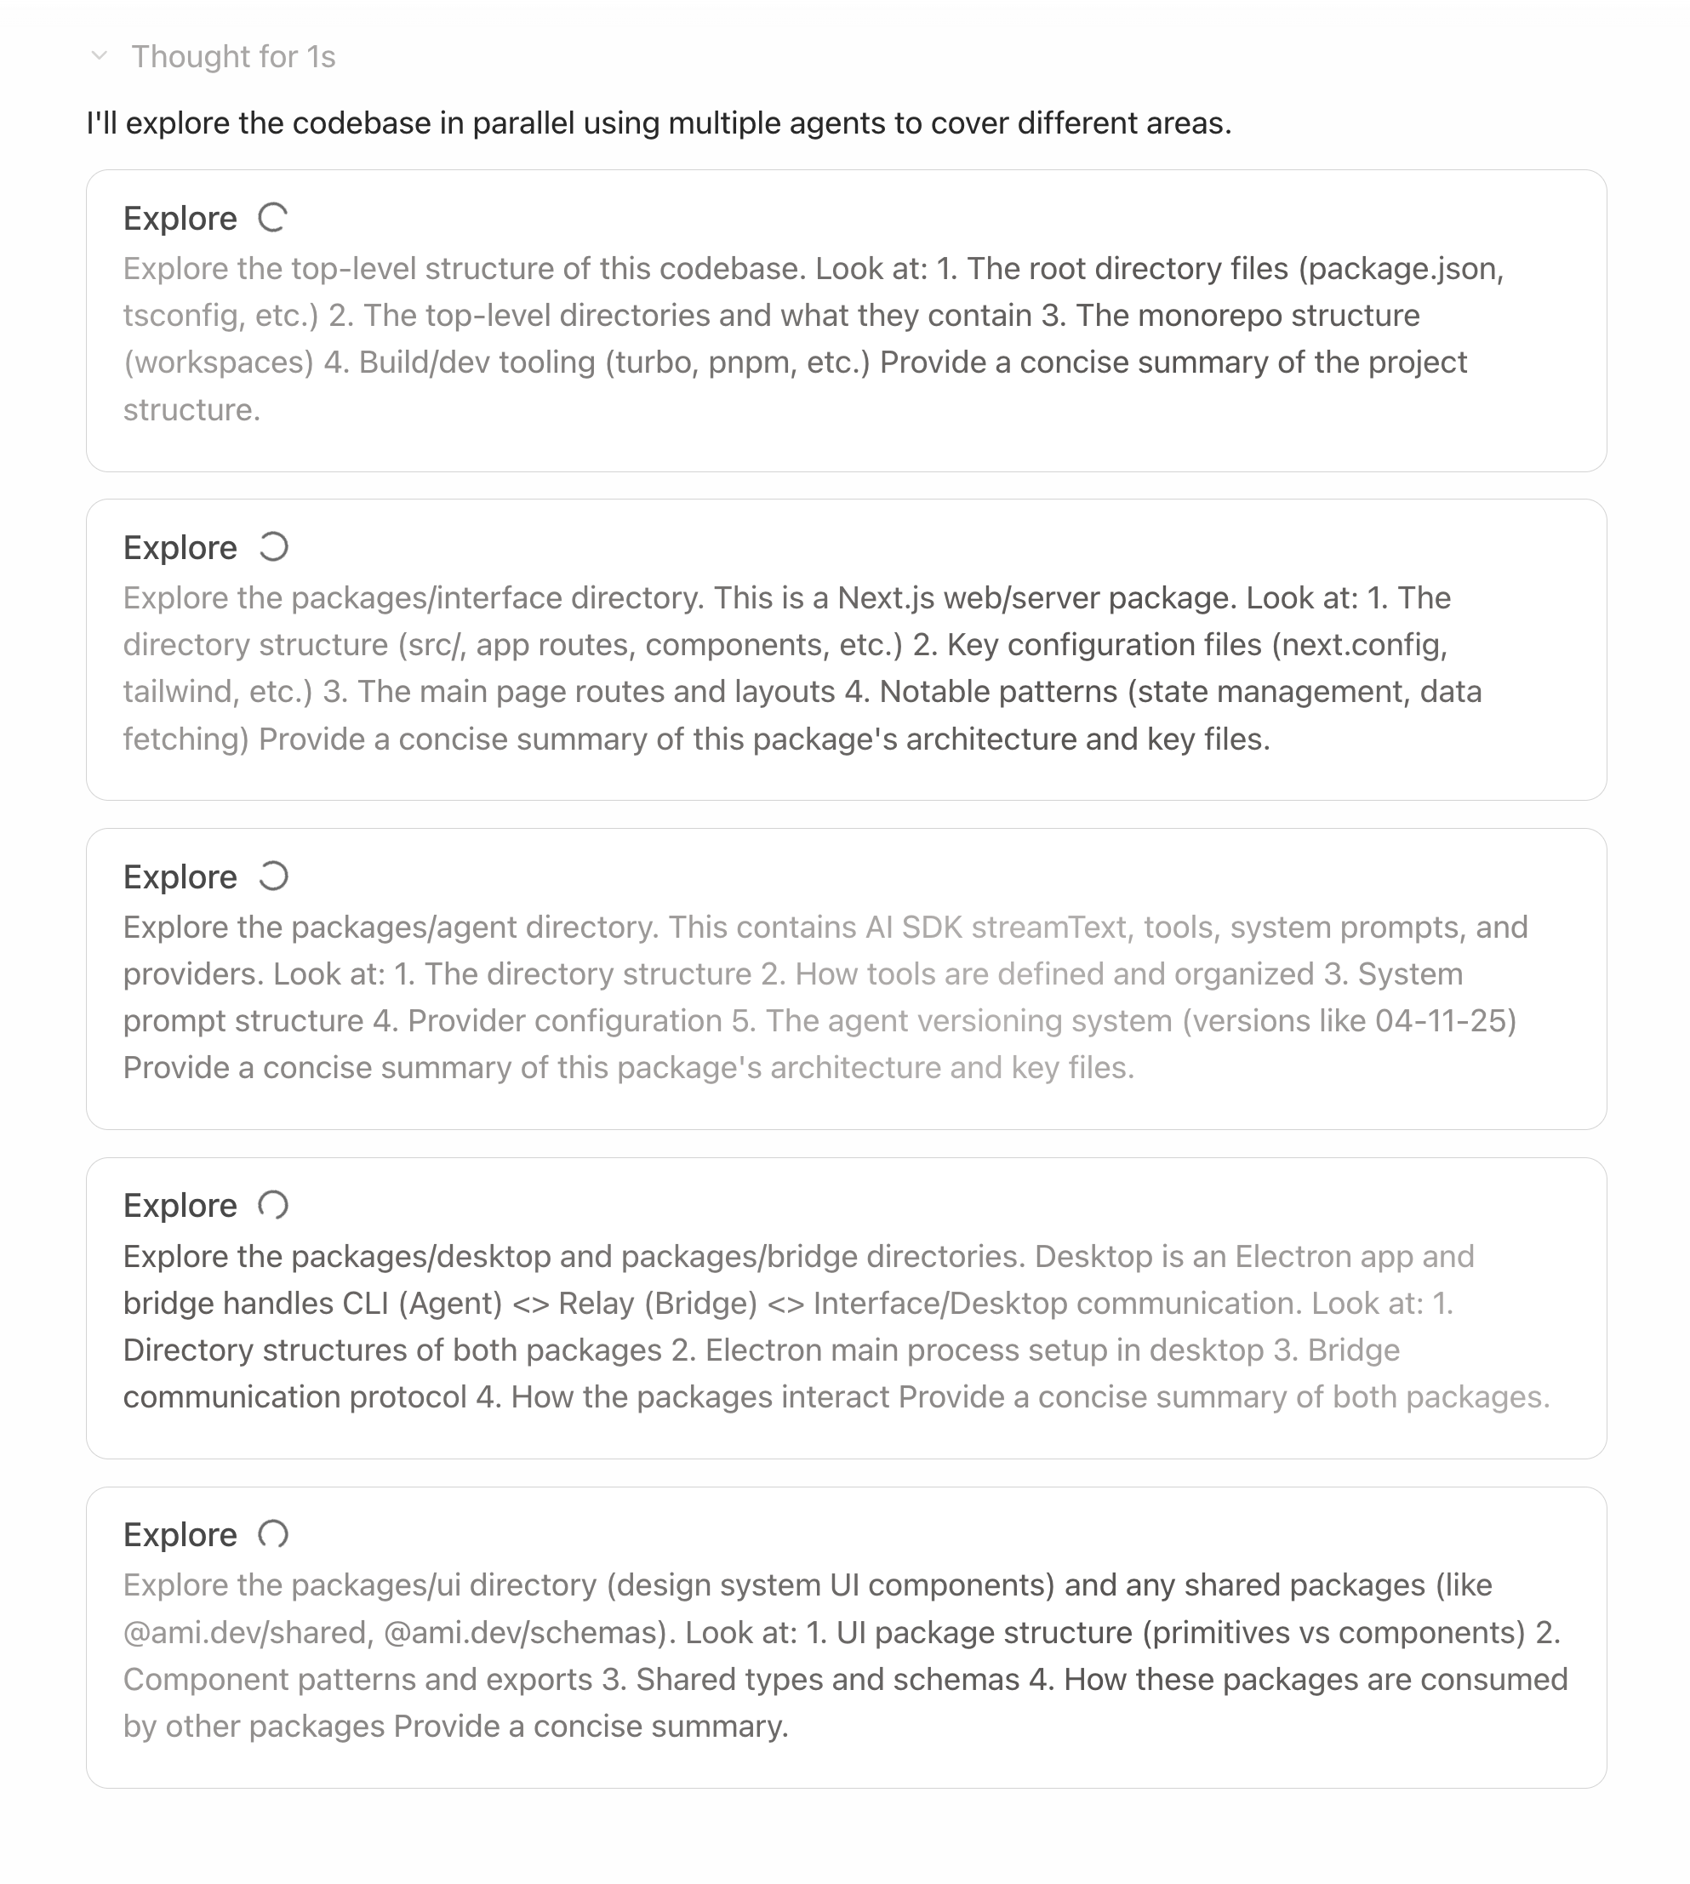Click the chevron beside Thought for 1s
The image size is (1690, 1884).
(100, 57)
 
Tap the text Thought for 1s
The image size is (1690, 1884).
(233, 57)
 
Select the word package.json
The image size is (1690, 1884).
(1405, 268)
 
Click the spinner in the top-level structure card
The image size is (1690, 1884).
(273, 218)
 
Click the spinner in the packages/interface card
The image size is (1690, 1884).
(273, 548)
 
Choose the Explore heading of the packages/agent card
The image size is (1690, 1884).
(180, 876)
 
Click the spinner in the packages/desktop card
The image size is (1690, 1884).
(273, 1205)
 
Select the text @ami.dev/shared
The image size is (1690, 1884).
(245, 1632)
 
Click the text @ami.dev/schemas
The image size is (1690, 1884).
(525, 1632)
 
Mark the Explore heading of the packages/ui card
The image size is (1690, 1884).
(180, 1535)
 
